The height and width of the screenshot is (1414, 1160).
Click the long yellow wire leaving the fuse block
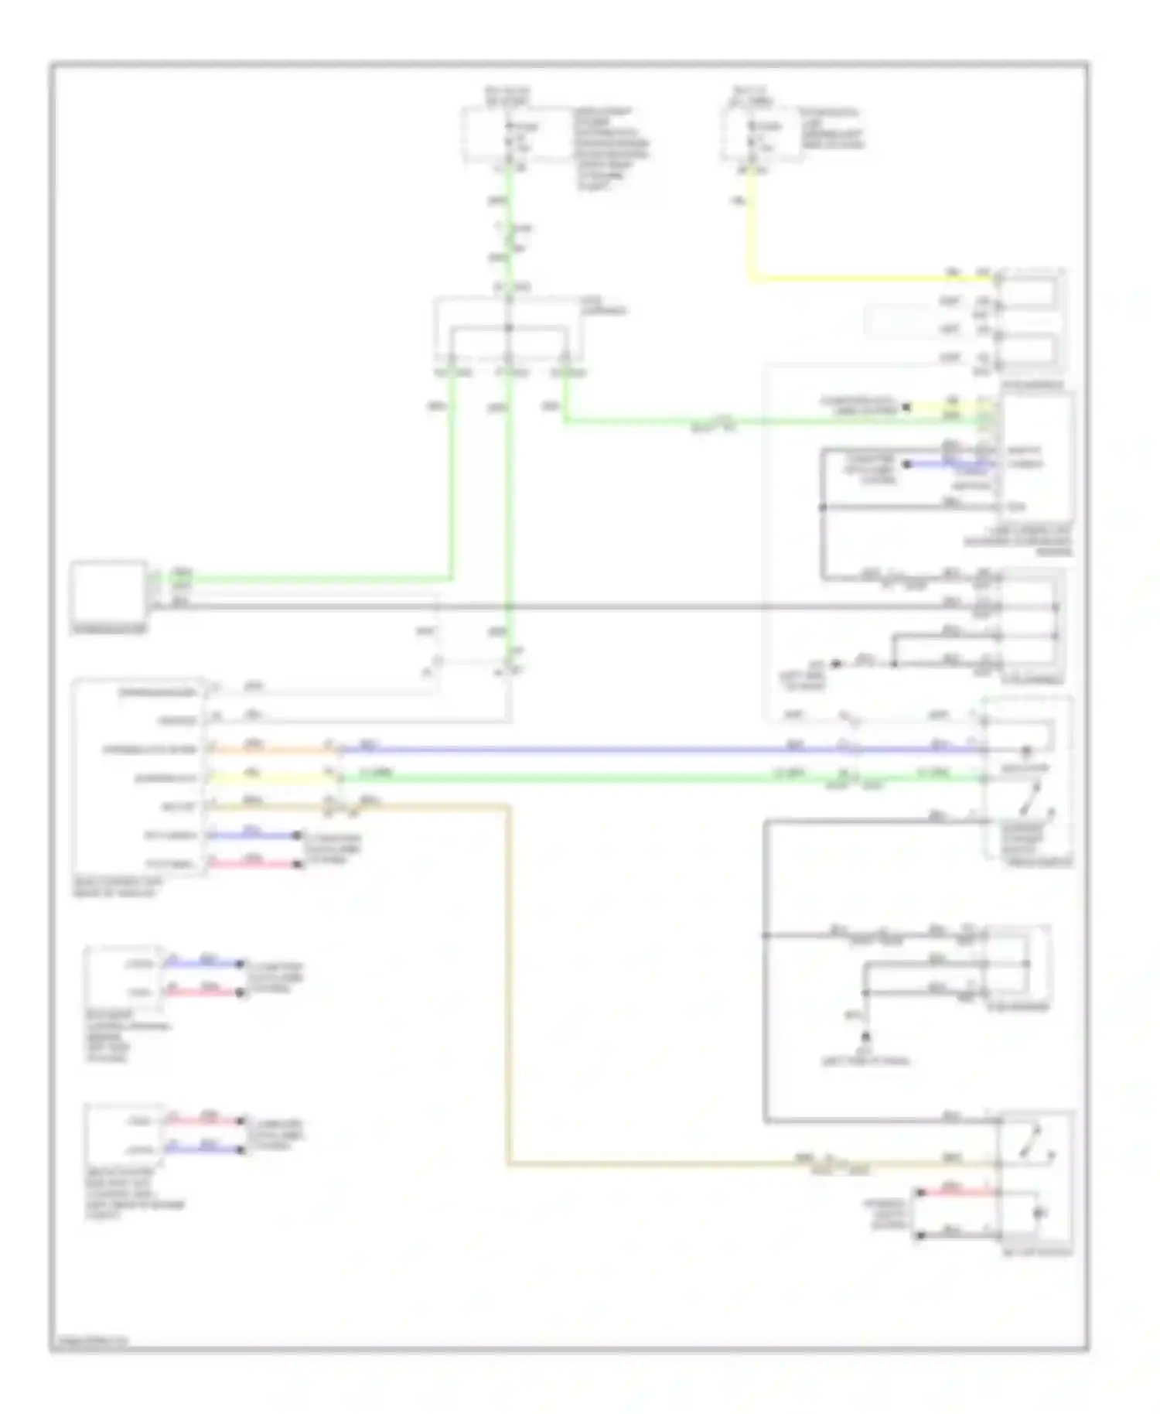[x=851, y=278]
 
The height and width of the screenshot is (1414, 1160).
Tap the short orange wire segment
[x=271, y=749]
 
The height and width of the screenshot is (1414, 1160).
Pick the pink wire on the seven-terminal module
[x=255, y=864]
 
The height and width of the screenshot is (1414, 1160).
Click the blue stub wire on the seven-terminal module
[x=255, y=835]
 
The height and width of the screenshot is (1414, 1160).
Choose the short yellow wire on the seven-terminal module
[x=271, y=777]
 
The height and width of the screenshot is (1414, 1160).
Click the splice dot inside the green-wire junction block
[x=509, y=329]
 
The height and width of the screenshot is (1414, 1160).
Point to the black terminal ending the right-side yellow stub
[x=907, y=407]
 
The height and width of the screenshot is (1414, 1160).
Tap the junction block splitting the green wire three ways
[x=509, y=329]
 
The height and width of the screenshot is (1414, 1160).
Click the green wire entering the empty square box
[x=309, y=578]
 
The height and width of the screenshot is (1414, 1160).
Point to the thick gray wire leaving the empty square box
[x=541, y=606]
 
